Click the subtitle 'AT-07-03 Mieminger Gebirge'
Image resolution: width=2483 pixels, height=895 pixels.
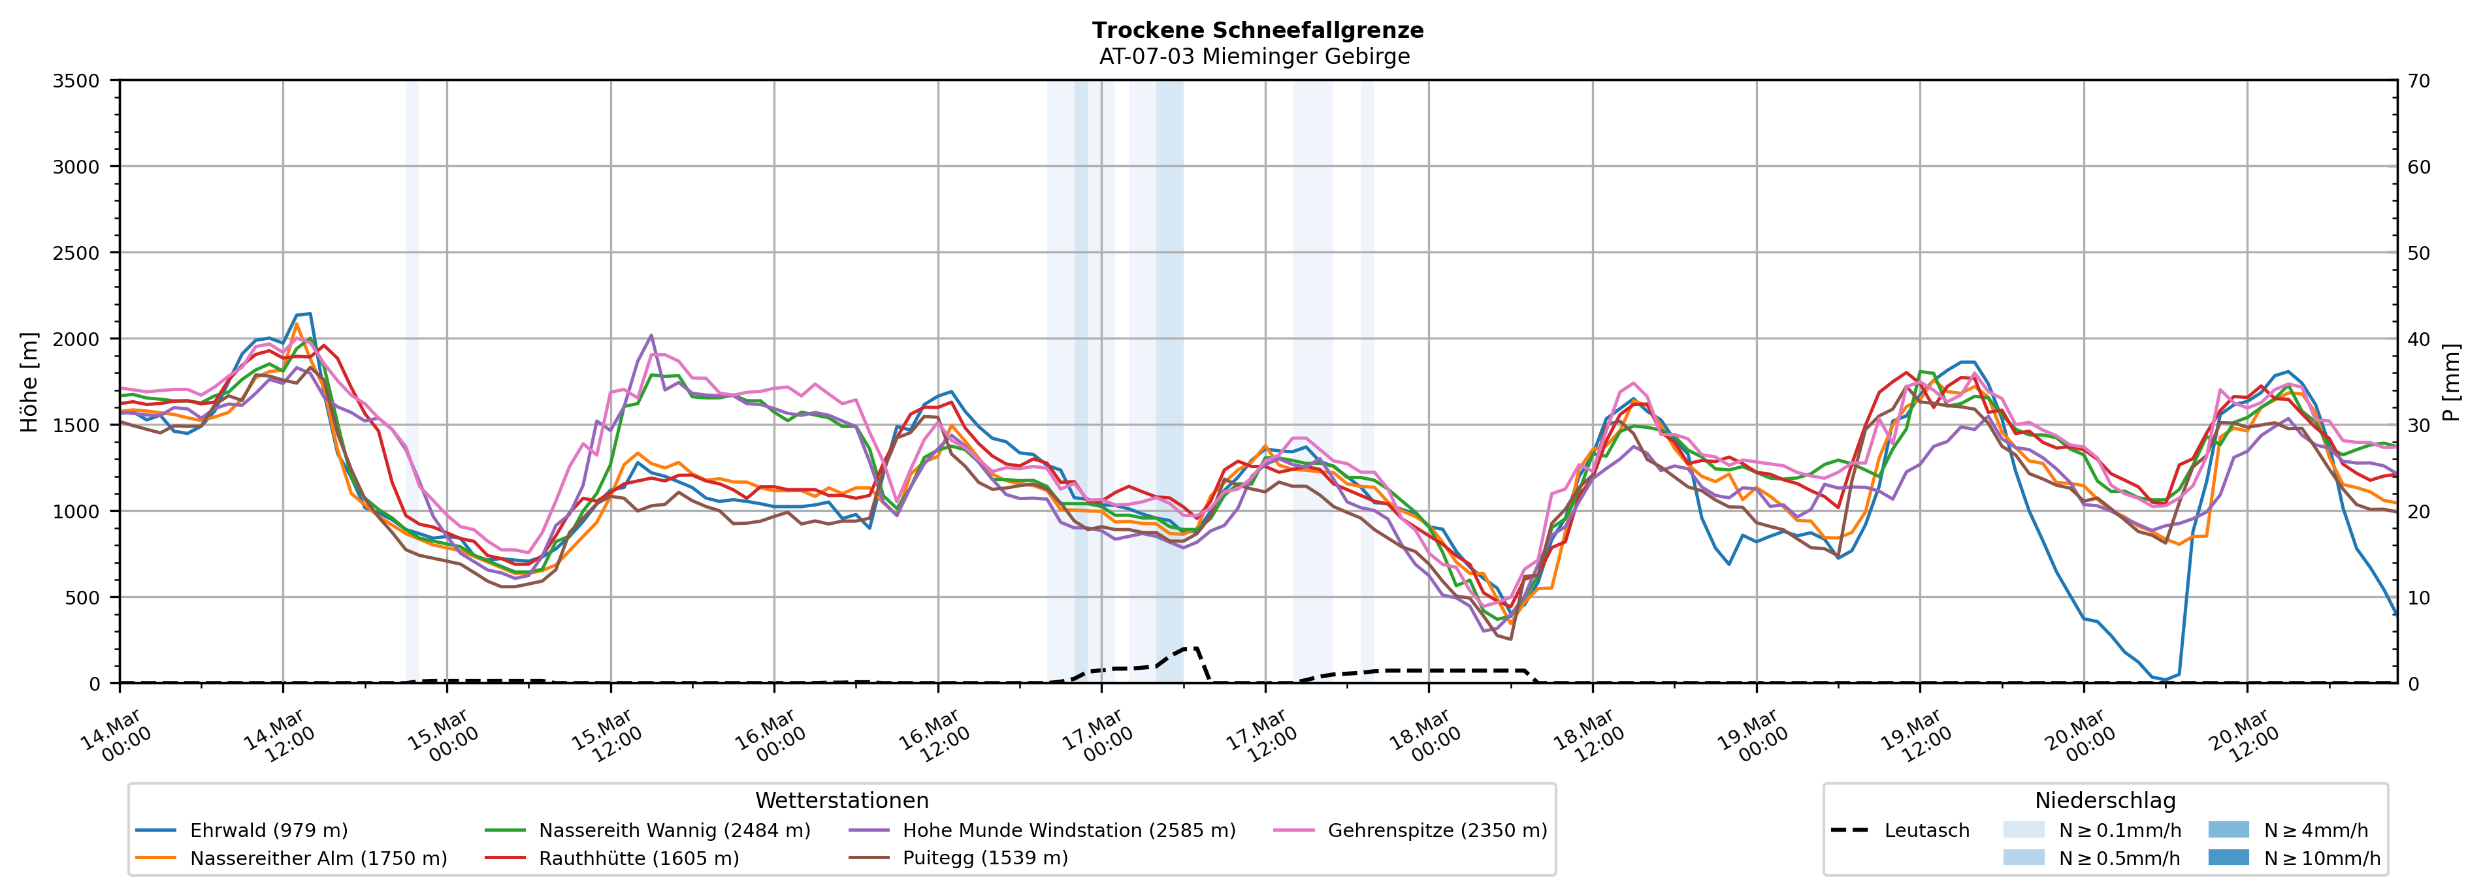[1254, 57]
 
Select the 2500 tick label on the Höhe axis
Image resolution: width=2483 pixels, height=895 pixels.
[76, 253]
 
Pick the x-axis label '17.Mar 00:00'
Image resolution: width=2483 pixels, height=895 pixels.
[1099, 737]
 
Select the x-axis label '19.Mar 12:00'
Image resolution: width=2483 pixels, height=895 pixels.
[1917, 737]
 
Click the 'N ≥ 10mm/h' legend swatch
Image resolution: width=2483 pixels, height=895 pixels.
[2228, 857]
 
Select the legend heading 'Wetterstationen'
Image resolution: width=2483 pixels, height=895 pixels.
[841, 800]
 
